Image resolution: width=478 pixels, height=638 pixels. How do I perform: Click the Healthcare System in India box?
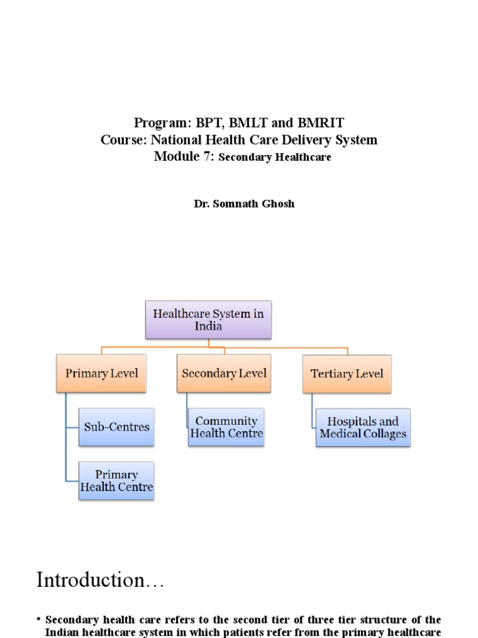coord(209,320)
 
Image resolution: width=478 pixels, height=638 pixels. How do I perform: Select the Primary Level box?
coord(101,373)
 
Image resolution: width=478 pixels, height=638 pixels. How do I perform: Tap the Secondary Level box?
coord(224,373)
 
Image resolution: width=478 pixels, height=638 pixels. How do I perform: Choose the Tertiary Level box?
coord(347,374)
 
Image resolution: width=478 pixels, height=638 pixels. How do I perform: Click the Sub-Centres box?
coord(116,427)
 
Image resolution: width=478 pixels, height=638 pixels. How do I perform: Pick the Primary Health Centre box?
coord(116,480)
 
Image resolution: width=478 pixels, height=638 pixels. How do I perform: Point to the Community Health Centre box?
coord(227,427)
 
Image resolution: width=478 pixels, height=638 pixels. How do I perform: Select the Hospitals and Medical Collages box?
coord(363,427)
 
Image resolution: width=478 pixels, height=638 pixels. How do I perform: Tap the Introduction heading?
coord(100,580)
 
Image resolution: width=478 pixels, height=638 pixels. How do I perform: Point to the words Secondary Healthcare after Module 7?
coord(276,158)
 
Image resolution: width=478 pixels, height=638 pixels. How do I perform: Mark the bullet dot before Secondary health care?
coord(39,620)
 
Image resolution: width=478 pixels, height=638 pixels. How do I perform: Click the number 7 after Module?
coord(209,156)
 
